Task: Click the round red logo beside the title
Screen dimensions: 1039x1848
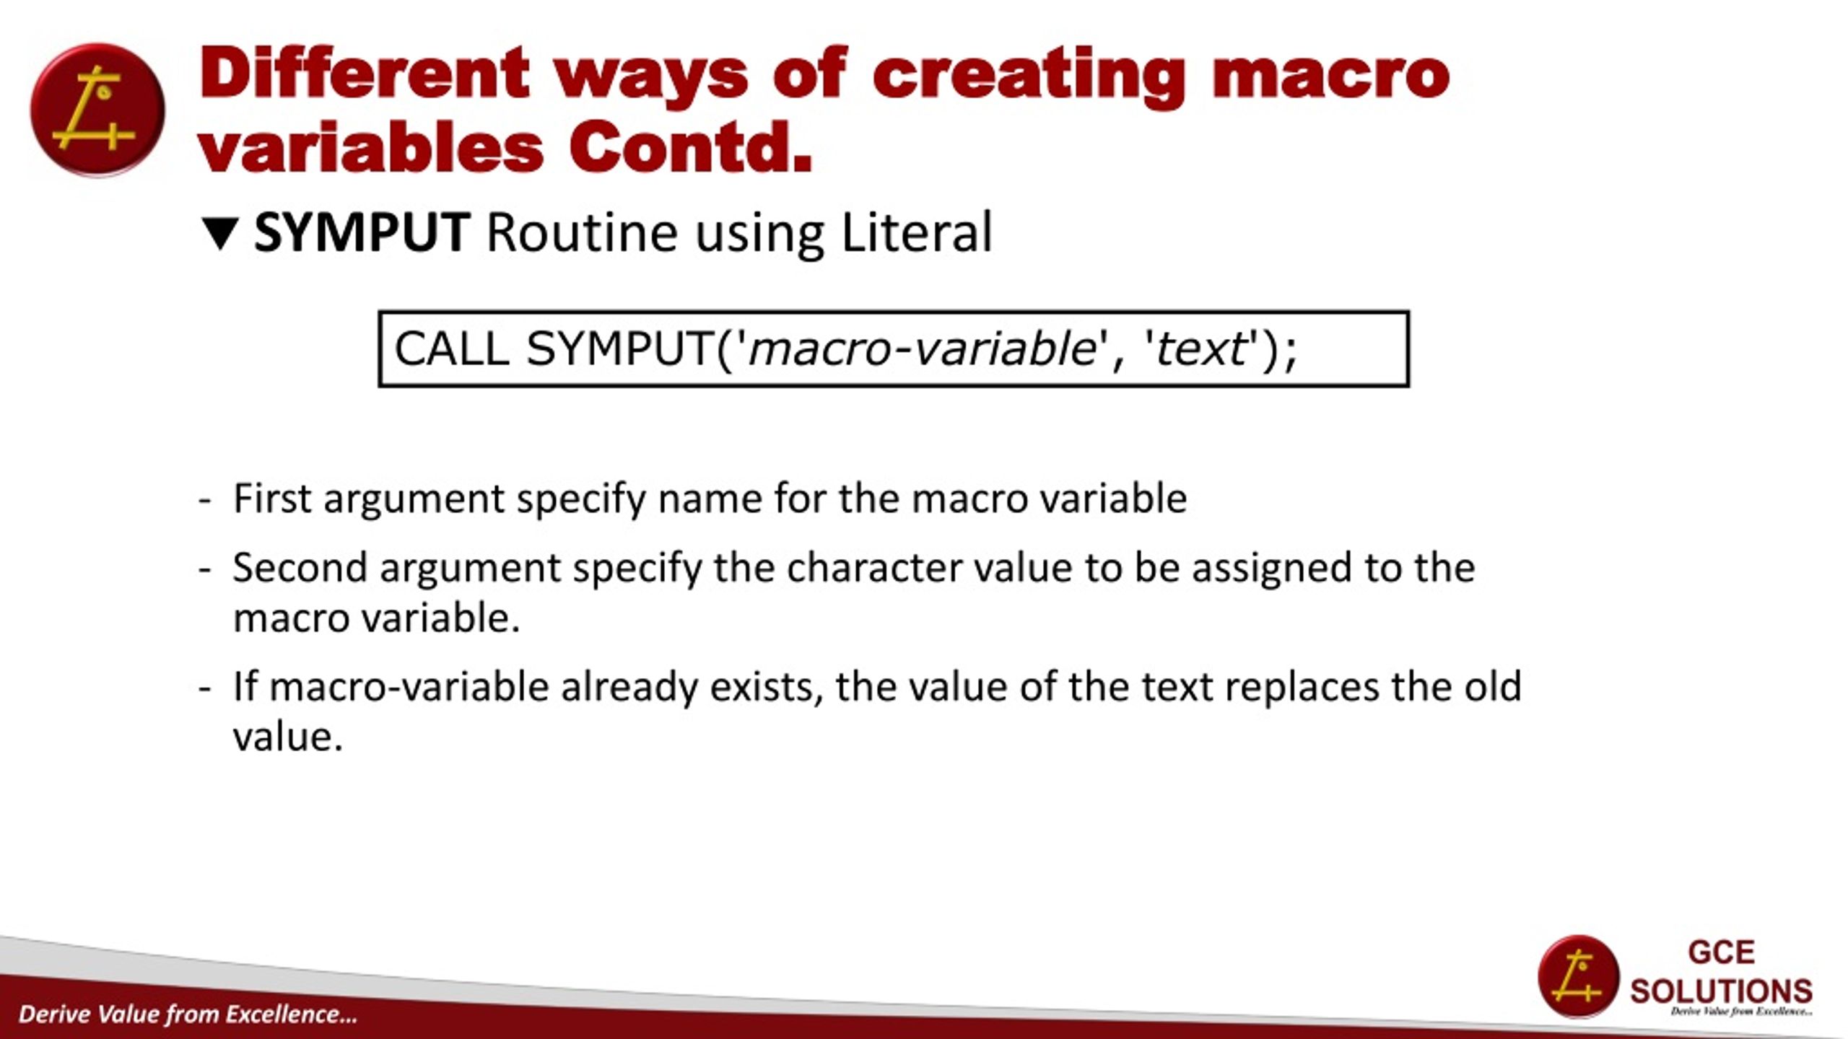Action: point(97,110)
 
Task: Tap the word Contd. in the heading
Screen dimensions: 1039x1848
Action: point(691,148)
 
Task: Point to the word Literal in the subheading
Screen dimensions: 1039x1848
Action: point(917,232)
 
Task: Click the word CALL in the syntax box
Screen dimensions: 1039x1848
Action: point(452,349)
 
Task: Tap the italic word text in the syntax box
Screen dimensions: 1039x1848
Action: point(1201,349)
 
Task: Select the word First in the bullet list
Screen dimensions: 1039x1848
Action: point(271,498)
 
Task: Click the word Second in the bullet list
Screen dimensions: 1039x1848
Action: point(300,567)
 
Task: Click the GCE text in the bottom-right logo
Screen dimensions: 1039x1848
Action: point(1721,952)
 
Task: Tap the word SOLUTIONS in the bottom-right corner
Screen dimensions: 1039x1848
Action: point(1721,991)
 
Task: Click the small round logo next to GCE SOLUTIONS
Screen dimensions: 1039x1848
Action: point(1579,976)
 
